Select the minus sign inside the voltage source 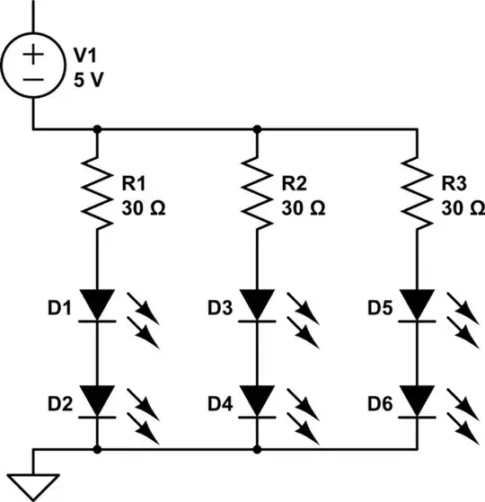click(x=33, y=79)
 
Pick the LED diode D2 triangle click(x=97, y=396)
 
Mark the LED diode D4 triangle click(x=258, y=396)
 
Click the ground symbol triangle click(x=33, y=485)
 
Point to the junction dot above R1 click(x=97, y=129)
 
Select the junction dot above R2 click(x=258, y=129)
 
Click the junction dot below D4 click(x=258, y=446)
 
